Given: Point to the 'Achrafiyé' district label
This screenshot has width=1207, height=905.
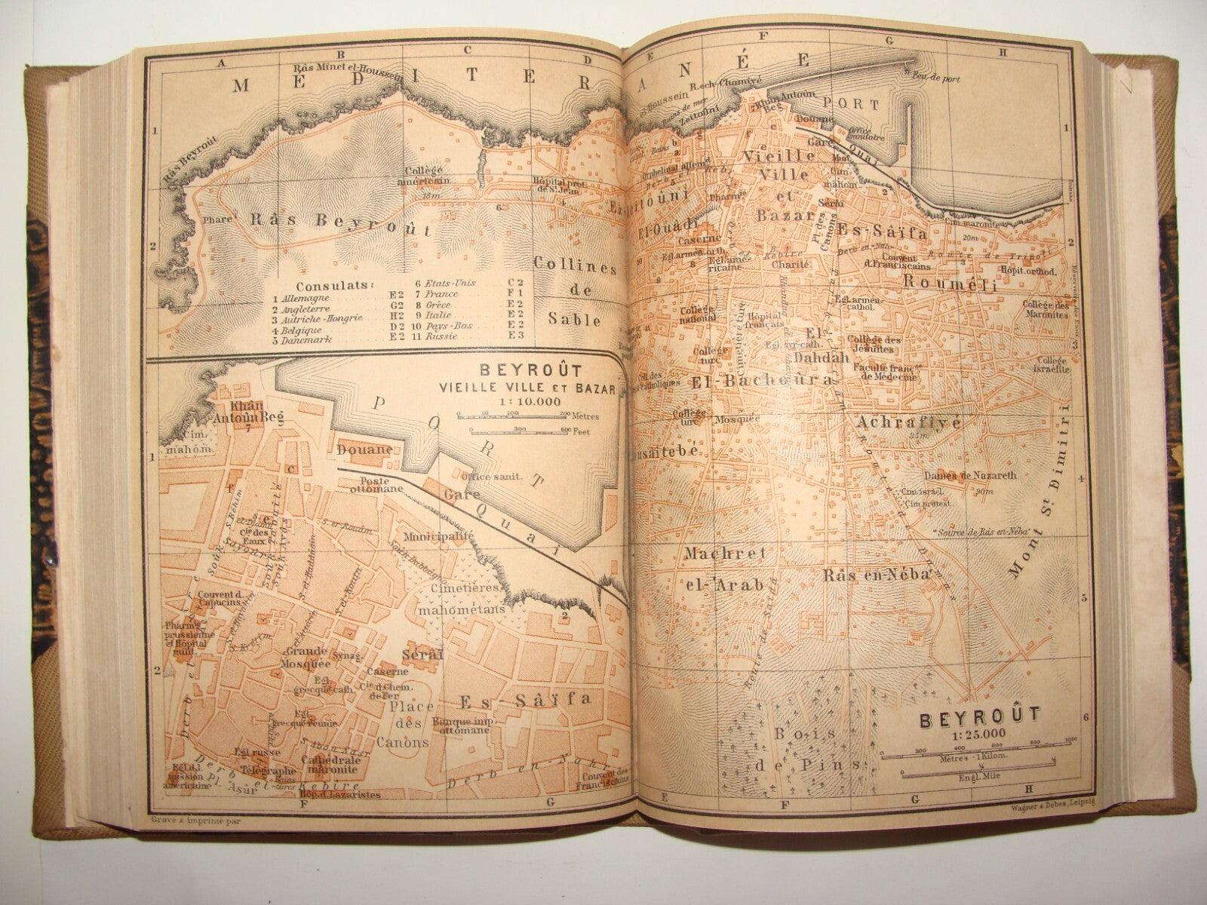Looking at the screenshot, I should (908, 423).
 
